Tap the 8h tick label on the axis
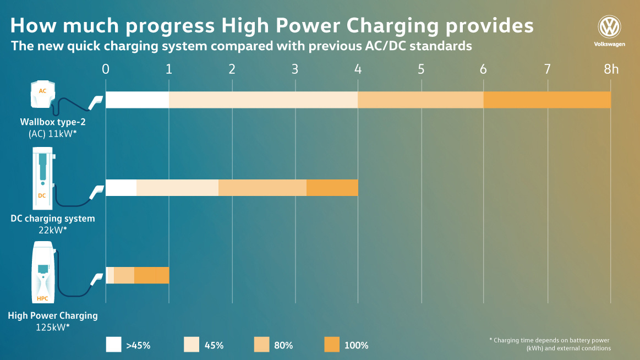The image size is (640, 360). (611, 69)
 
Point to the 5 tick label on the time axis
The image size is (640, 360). (421, 69)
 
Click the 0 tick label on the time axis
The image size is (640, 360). (106, 69)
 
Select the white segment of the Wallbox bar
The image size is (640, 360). (137, 100)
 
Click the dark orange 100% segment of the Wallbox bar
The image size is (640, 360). (547, 100)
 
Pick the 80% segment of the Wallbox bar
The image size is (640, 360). (420, 100)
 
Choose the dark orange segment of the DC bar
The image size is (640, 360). (332, 188)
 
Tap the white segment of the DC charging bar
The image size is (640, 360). (121, 188)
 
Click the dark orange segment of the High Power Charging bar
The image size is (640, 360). (151, 275)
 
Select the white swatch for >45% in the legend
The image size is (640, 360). (113, 345)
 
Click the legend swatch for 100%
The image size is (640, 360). (332, 345)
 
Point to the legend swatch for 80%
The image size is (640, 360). (261, 345)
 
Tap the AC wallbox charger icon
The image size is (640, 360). (42, 95)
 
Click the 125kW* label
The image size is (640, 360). (53, 327)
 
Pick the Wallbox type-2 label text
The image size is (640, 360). (53, 121)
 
